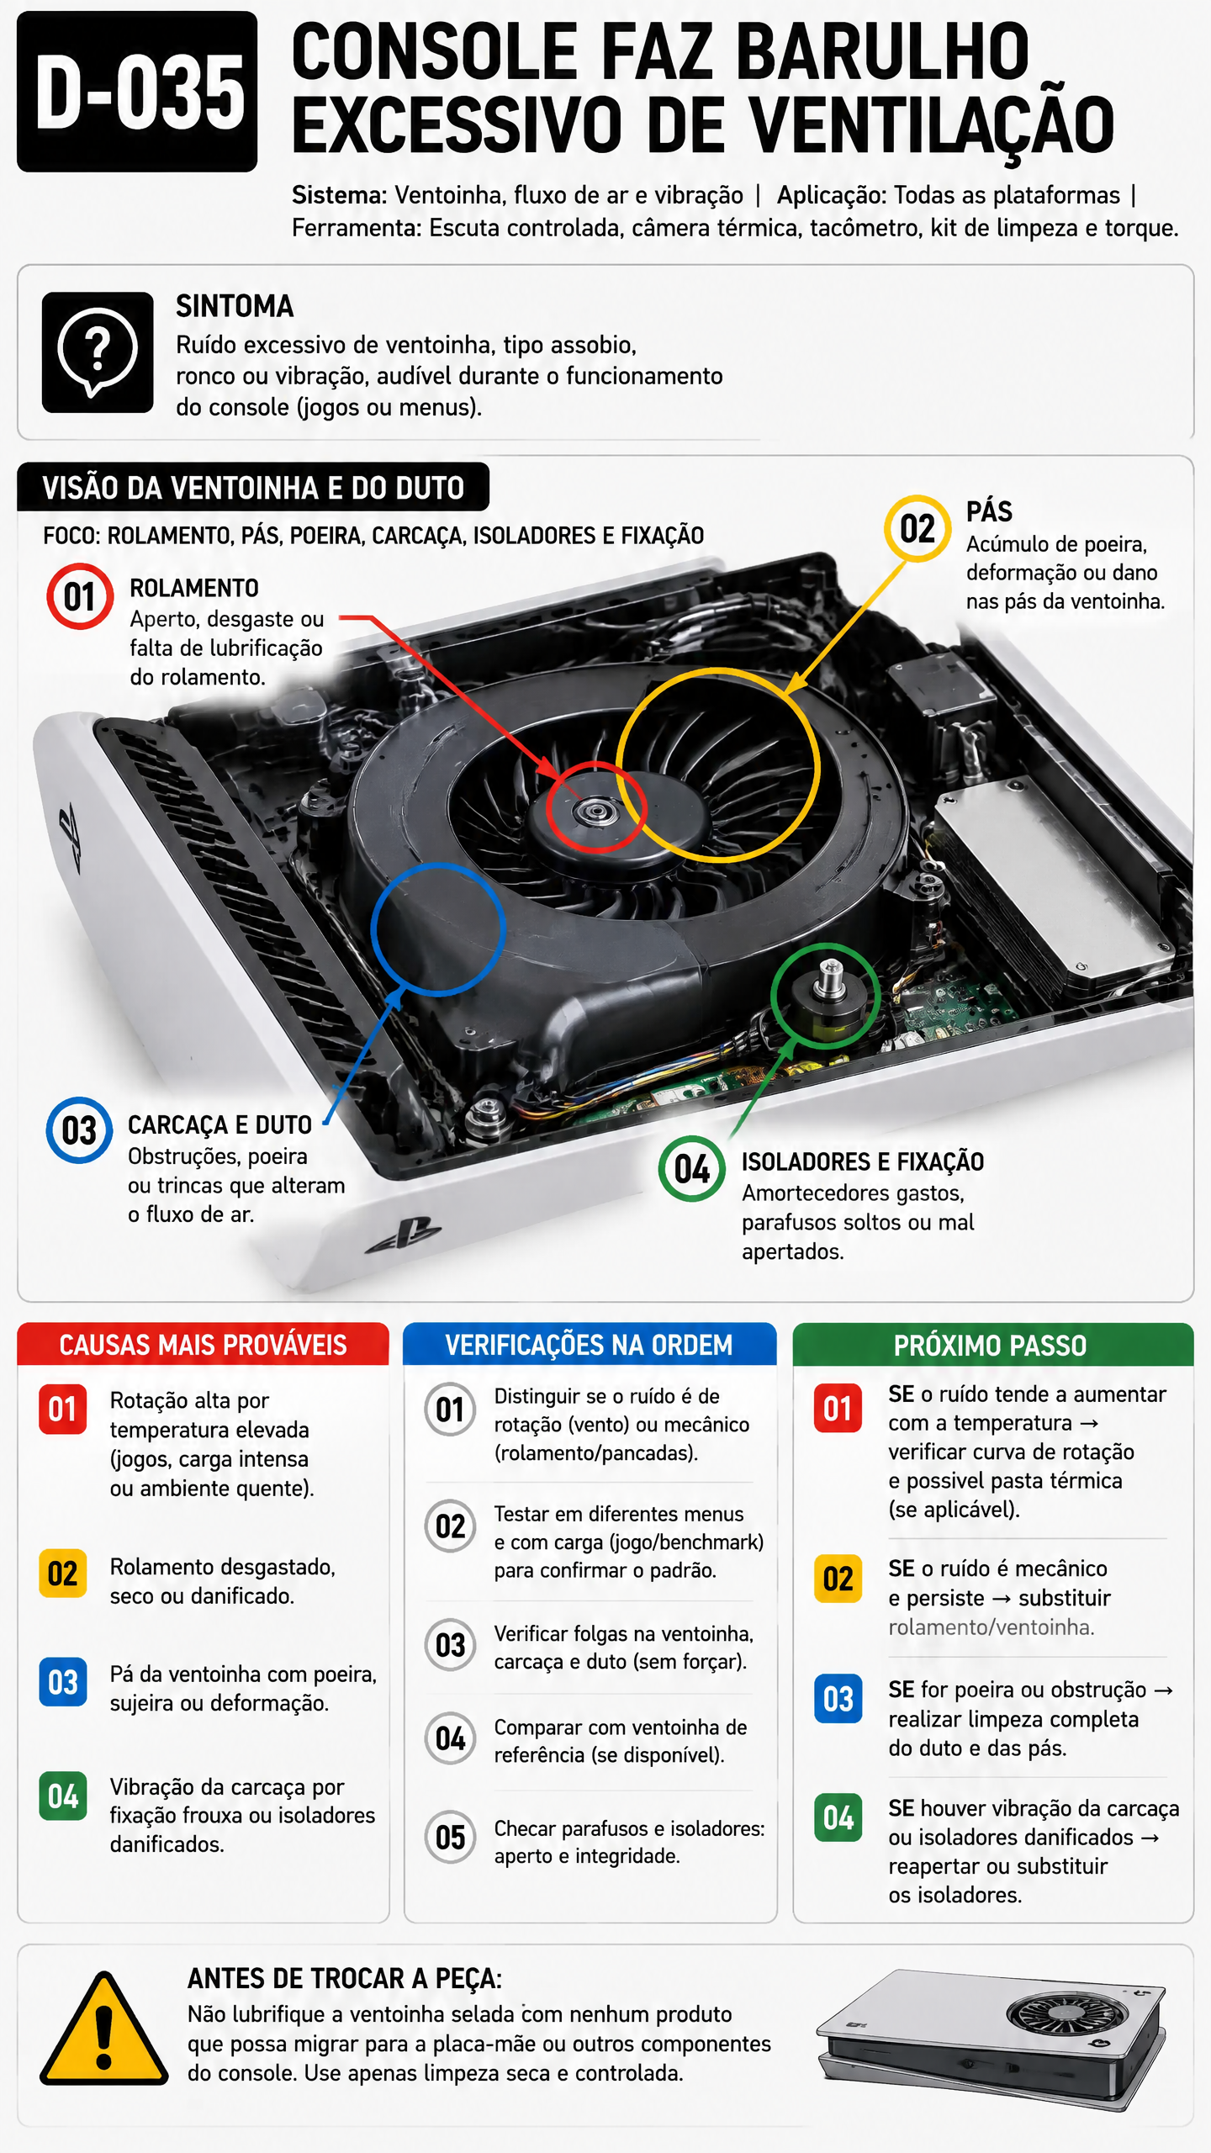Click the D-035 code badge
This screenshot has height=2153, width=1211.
point(137,91)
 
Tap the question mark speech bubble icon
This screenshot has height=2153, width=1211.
point(98,352)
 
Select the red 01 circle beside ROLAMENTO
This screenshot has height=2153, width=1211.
point(80,596)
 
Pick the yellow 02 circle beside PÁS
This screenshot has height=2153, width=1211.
point(918,528)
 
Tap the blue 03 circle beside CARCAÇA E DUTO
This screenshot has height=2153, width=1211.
point(79,1129)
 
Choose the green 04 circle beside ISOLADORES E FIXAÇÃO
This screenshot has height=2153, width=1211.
point(692,1168)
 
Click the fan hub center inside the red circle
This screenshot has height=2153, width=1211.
point(595,811)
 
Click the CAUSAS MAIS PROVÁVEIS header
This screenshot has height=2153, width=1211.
point(203,1345)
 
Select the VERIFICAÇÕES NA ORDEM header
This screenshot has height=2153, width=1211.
point(589,1345)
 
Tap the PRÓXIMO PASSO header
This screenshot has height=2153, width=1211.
point(992,1345)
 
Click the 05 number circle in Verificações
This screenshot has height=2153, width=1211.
point(450,1837)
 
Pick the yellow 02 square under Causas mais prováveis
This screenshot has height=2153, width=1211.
point(63,1574)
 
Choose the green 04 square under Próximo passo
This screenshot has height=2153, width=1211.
point(838,1817)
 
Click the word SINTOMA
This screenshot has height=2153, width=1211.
point(235,306)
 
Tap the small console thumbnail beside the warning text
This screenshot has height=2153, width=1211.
point(991,2039)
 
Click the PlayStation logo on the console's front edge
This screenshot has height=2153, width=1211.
point(403,1235)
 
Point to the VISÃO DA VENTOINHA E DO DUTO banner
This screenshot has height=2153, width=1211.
point(253,487)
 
